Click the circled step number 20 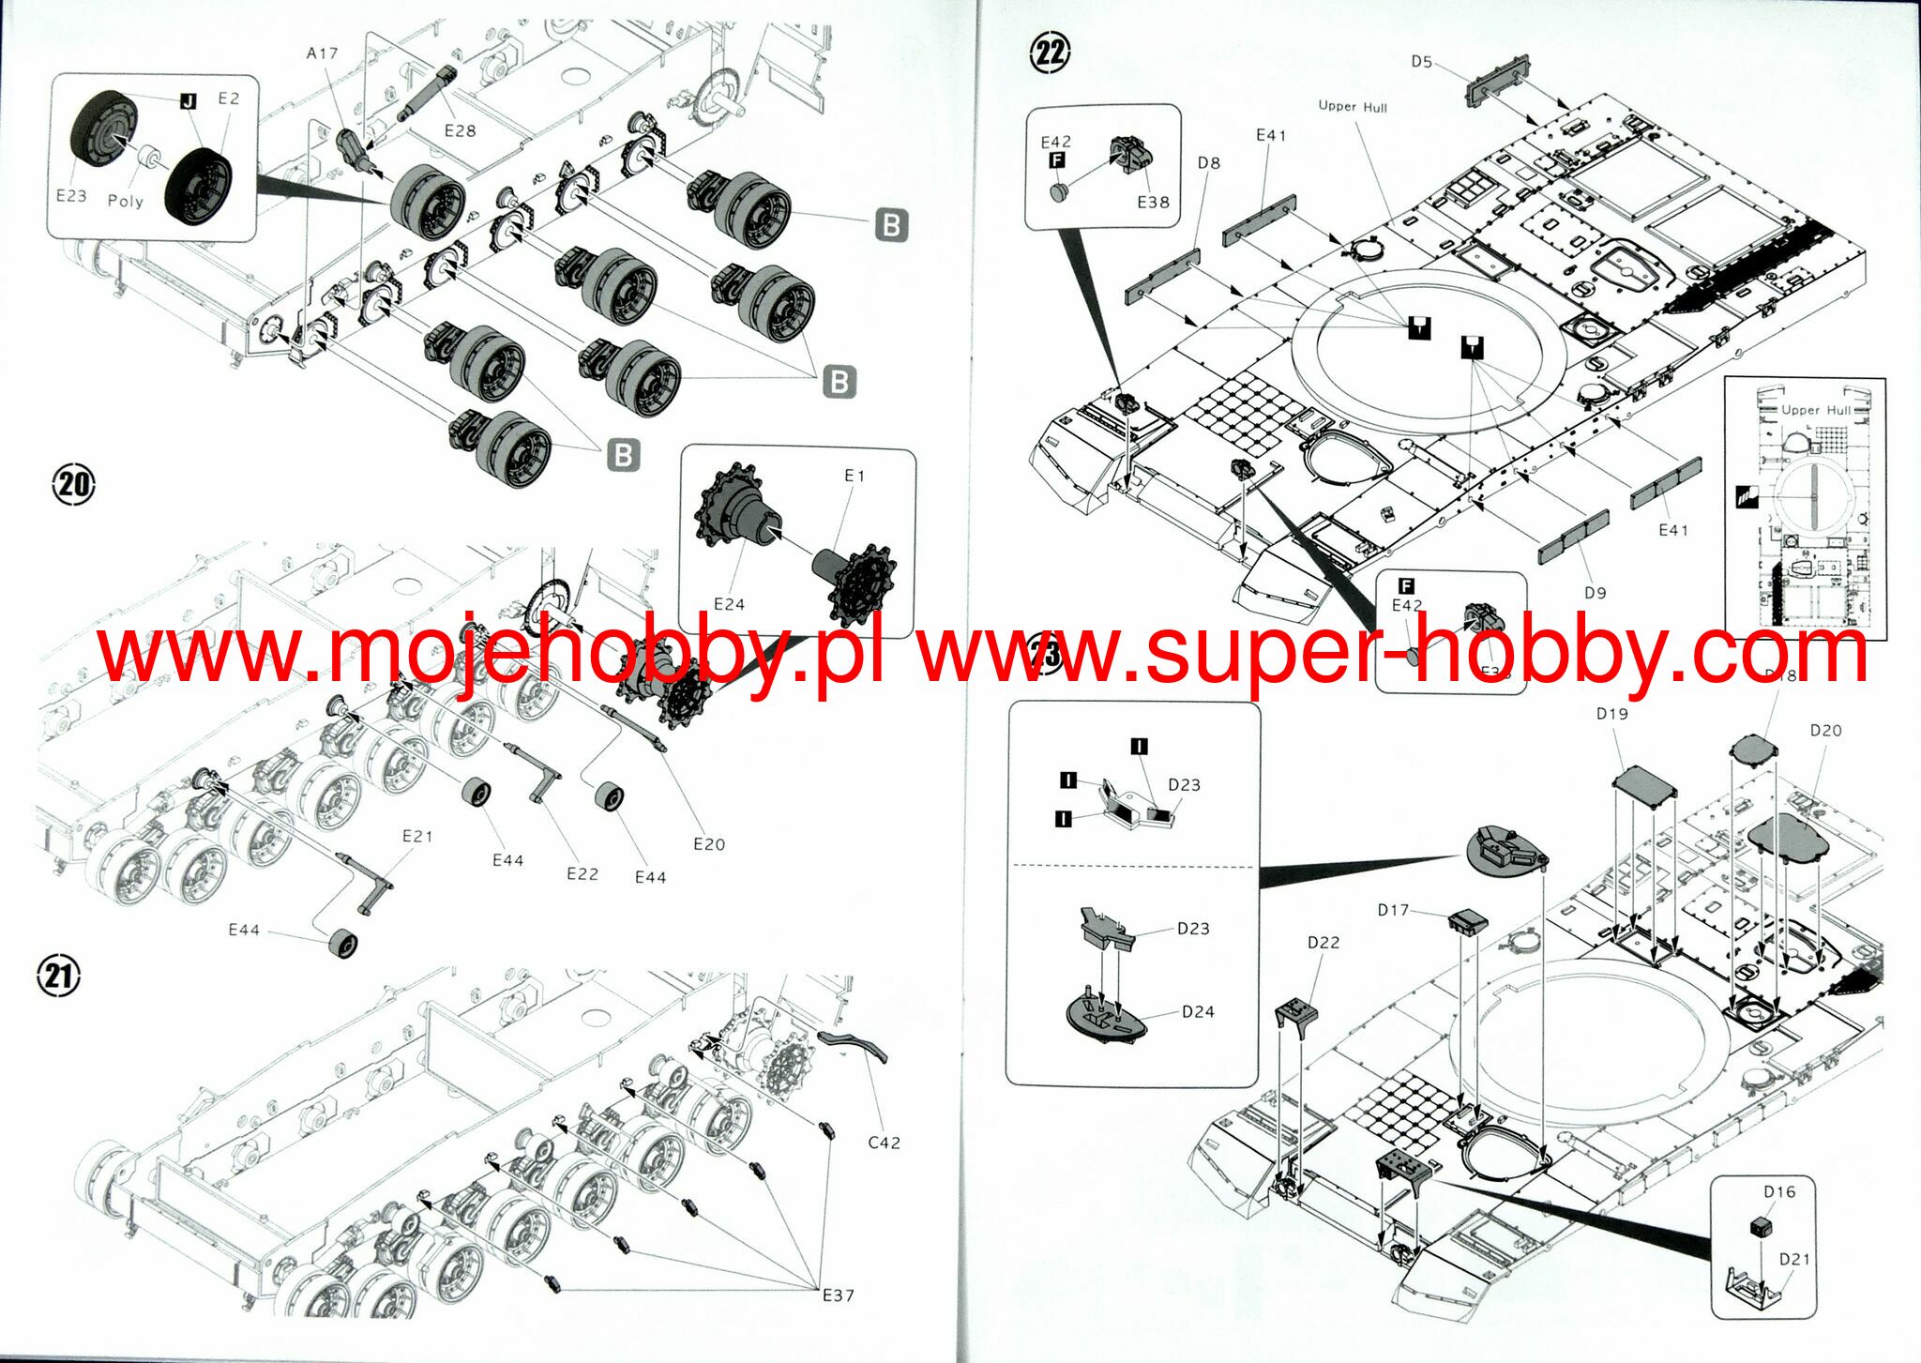[74, 485]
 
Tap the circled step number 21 [59, 977]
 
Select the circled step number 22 [1050, 53]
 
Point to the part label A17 [322, 53]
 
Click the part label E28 [460, 130]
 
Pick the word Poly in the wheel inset [126, 201]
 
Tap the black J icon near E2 [189, 100]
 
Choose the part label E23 [71, 195]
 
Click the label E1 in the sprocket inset [855, 476]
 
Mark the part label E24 [729, 604]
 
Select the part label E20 [709, 844]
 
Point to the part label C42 [884, 1143]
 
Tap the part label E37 [838, 1295]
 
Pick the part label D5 [1422, 62]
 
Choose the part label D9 [1595, 593]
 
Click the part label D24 [1198, 1011]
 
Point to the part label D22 [1324, 942]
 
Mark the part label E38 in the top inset [1153, 202]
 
